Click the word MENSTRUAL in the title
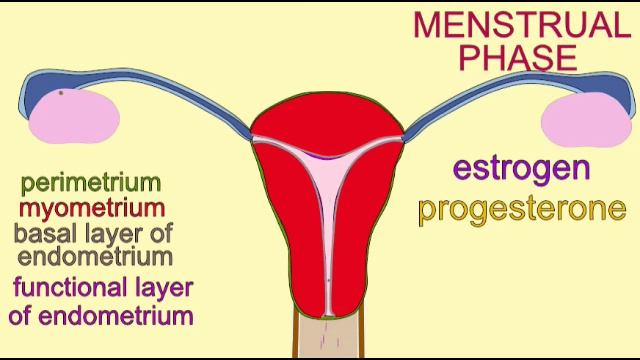(x=522, y=25)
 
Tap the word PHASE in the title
(x=518, y=58)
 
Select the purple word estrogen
(x=522, y=170)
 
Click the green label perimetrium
(x=91, y=184)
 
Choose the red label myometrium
(x=92, y=209)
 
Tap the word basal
(x=45, y=233)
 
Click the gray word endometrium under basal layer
(x=95, y=257)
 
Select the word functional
(x=69, y=287)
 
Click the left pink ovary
(x=74, y=116)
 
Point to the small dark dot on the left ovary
(x=61, y=93)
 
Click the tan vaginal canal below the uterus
(x=329, y=337)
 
